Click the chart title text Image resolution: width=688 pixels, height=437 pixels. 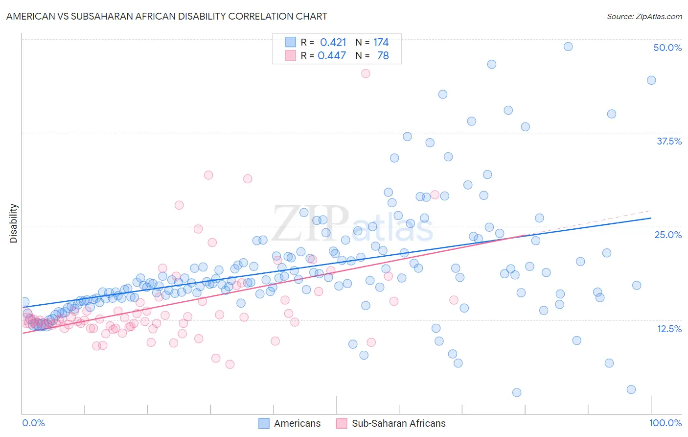[x=167, y=16]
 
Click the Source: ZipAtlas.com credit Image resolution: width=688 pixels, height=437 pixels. [x=644, y=16]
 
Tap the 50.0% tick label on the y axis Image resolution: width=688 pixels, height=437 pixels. [x=667, y=48]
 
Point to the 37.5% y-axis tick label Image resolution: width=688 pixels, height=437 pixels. [x=669, y=141]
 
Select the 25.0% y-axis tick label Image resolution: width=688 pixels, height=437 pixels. [x=668, y=235]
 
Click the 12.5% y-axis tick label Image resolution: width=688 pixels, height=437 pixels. [x=669, y=328]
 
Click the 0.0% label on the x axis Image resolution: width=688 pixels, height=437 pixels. [x=33, y=423]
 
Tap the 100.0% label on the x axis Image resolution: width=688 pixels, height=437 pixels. [x=665, y=423]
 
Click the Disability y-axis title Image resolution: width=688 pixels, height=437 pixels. [x=14, y=223]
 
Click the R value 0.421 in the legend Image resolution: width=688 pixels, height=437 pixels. [x=333, y=42]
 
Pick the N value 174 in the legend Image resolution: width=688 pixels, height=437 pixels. [x=381, y=42]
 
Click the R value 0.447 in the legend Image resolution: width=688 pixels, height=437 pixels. [x=332, y=55]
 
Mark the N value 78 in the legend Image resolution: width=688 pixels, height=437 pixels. [x=383, y=55]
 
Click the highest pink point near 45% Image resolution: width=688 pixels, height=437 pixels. [x=366, y=73]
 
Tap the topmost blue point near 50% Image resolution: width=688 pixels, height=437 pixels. [x=568, y=47]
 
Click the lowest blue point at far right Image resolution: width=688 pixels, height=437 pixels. [x=631, y=389]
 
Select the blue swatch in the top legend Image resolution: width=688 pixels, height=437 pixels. [x=291, y=42]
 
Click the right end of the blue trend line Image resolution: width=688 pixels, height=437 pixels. [x=651, y=218]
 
